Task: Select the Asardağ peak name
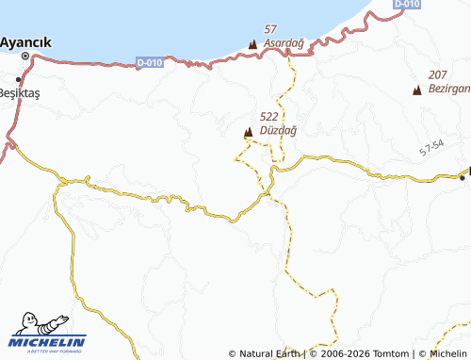(283, 43)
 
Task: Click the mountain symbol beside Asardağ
(252, 44)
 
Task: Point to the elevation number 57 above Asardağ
(271, 30)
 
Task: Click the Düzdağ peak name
(277, 130)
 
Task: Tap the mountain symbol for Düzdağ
(248, 133)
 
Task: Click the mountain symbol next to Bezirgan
(417, 90)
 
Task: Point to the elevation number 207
(437, 74)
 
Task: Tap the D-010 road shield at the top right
(407, 5)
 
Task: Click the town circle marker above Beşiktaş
(23, 80)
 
